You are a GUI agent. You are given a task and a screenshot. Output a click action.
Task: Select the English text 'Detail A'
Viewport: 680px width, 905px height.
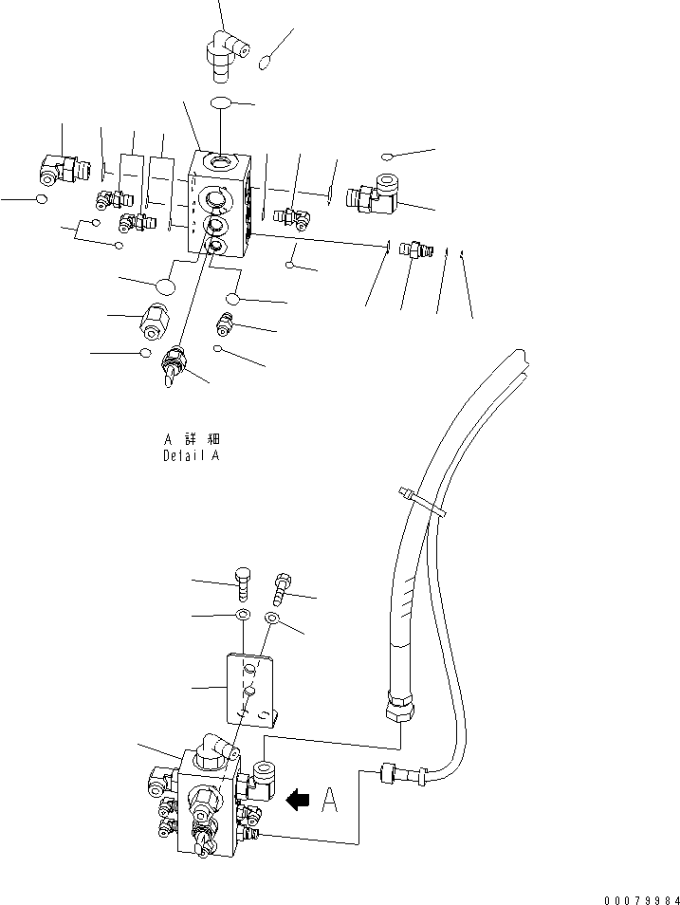[190, 455]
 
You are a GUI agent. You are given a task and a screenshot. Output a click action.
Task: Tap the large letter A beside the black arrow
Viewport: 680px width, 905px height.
[329, 803]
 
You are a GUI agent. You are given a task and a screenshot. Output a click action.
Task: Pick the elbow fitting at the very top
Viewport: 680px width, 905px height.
[226, 48]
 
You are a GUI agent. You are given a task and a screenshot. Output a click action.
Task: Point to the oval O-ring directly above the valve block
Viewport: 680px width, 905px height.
[220, 102]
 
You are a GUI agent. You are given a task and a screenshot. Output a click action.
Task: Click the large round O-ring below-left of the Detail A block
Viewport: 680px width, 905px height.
[166, 286]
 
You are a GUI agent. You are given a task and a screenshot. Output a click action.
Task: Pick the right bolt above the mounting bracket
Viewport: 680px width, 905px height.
[282, 586]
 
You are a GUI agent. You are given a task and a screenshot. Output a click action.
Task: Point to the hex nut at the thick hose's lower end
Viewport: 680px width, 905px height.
[400, 708]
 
